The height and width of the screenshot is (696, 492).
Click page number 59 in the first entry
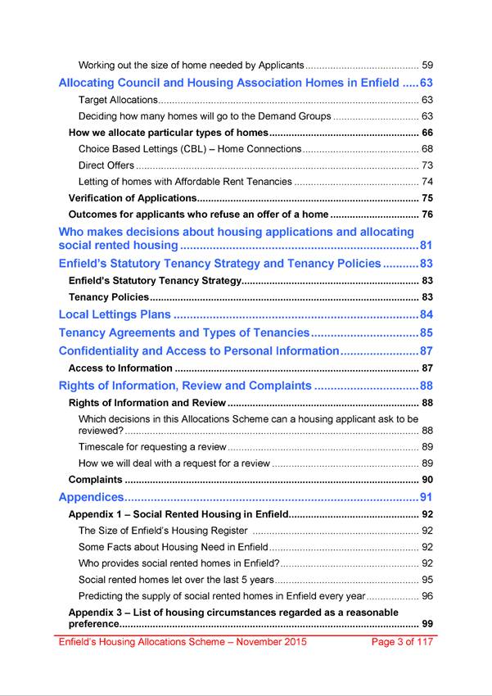[x=427, y=65]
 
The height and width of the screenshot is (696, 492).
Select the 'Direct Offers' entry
[x=107, y=165]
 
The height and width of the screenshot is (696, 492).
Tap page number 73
[x=427, y=165]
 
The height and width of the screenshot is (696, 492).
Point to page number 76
[x=427, y=215]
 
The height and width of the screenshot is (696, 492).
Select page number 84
[x=426, y=314]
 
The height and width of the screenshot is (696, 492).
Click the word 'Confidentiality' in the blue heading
[x=102, y=350]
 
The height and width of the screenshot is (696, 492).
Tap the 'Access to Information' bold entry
[x=120, y=368]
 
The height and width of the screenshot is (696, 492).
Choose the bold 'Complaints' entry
[x=95, y=480]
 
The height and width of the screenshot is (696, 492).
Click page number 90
[x=427, y=480]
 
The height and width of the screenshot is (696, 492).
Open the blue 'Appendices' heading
[x=91, y=497]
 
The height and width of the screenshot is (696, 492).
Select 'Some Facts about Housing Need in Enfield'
[x=173, y=547]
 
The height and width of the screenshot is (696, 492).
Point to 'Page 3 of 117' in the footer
[x=401, y=642]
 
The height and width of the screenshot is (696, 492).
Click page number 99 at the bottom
[x=427, y=625]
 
